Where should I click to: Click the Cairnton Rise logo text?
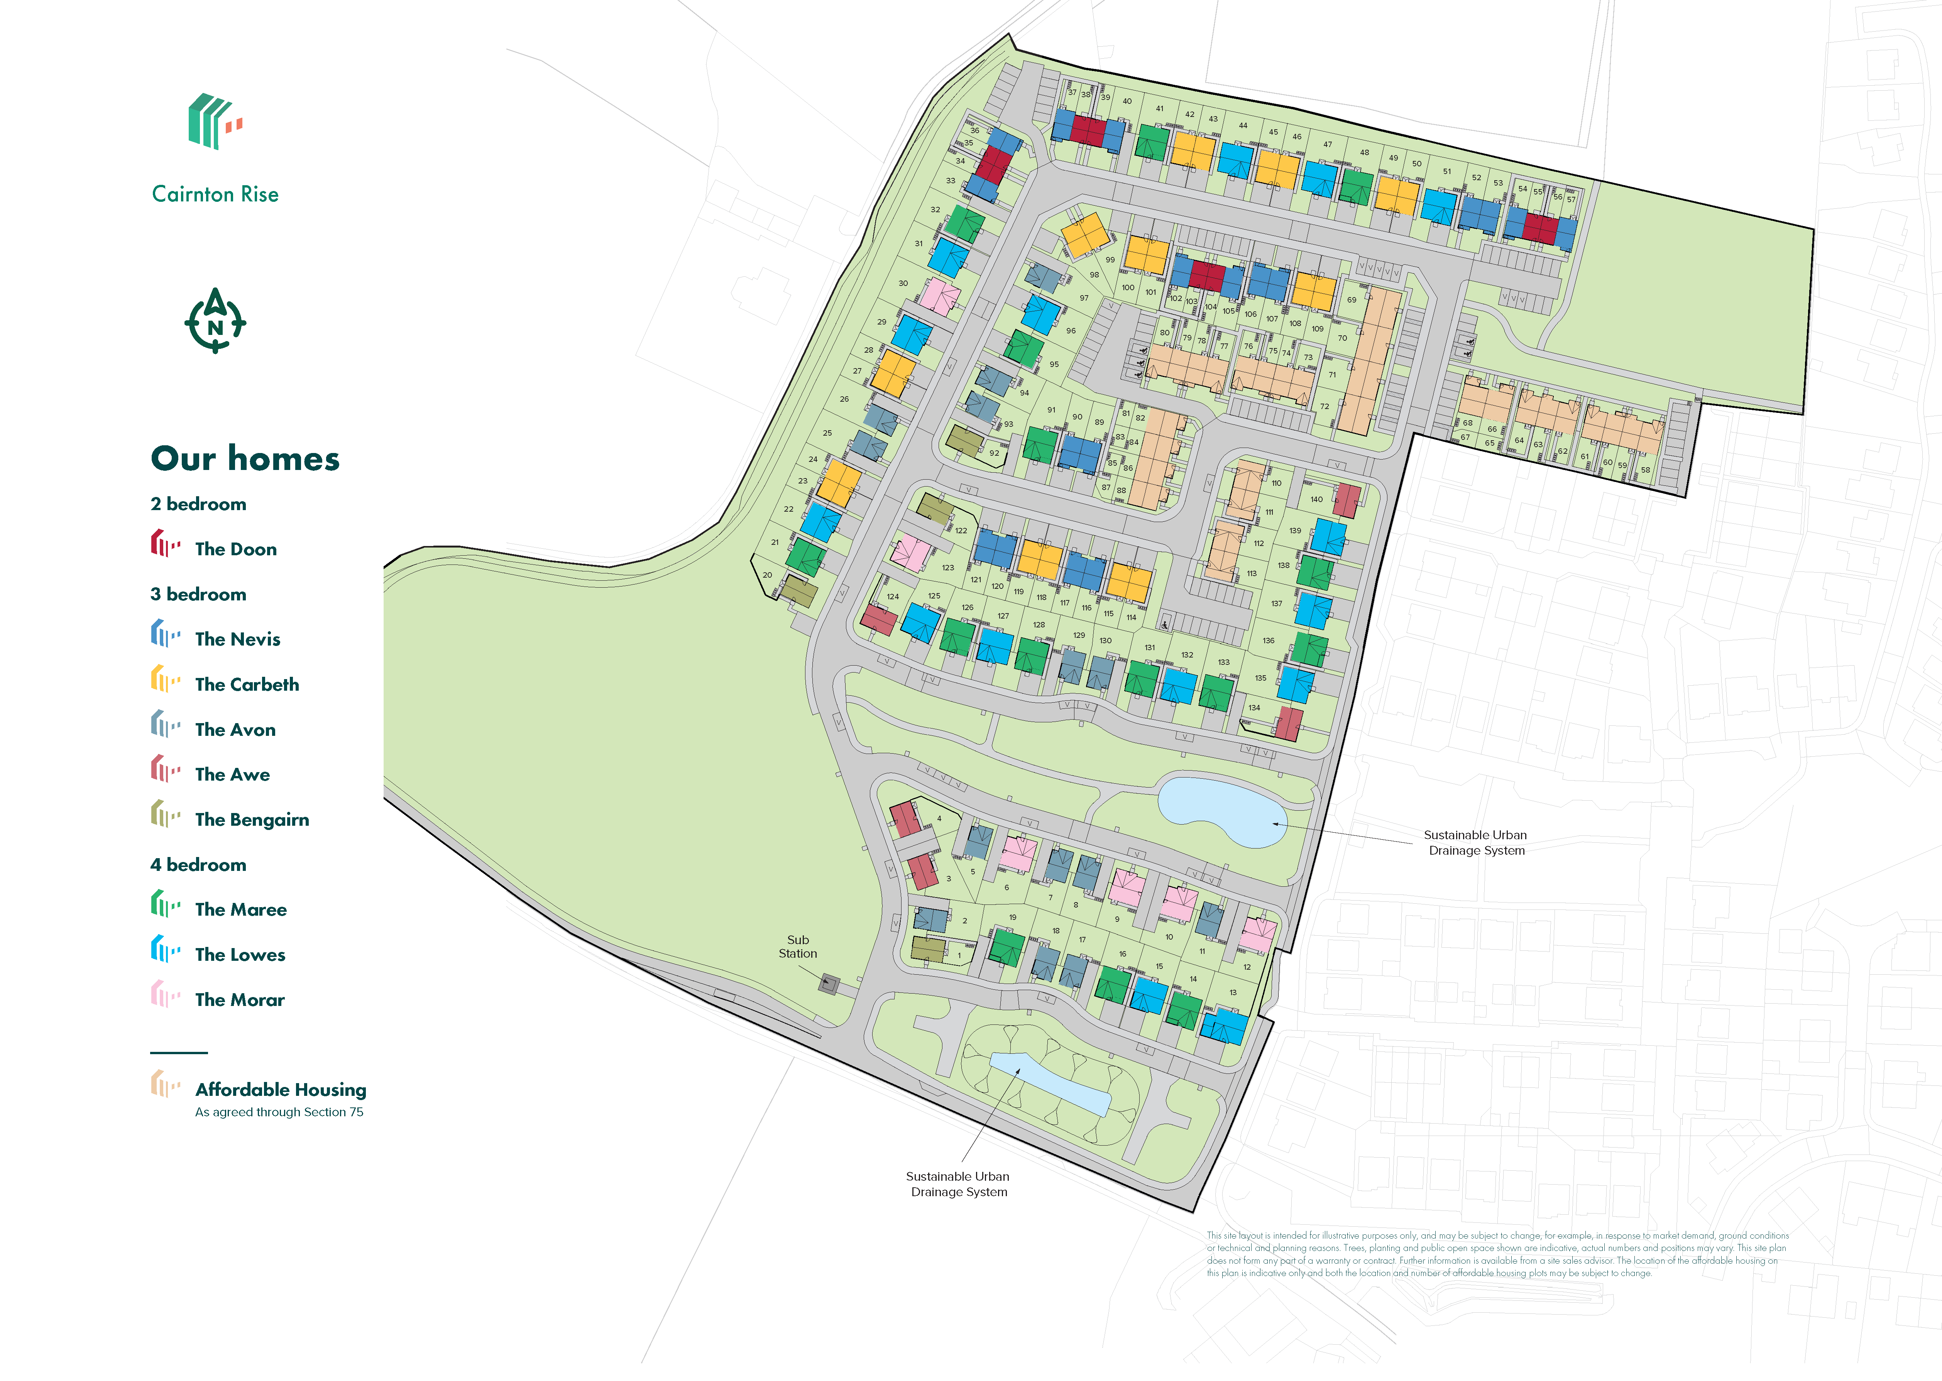coord(215,194)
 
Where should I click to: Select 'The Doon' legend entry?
coord(235,549)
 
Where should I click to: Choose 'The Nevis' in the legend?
coord(237,639)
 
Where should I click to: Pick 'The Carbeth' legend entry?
coord(247,685)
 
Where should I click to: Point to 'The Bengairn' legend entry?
coord(252,820)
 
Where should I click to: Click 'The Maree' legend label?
coord(240,910)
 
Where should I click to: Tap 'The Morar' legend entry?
coord(240,1000)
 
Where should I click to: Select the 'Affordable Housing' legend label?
coord(281,1090)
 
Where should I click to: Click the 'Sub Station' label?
coord(798,947)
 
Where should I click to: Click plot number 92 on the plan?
coord(994,453)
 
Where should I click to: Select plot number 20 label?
coord(767,575)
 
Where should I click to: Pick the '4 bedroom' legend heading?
coord(198,865)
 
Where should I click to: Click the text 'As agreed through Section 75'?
coord(279,1112)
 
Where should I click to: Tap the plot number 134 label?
coord(1254,708)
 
